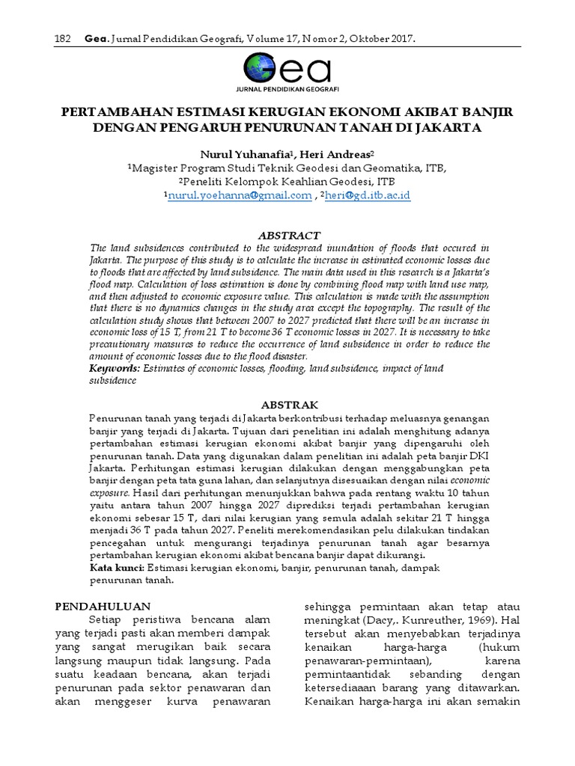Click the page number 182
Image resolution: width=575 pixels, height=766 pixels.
64,38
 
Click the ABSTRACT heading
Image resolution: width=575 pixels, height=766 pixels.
288,235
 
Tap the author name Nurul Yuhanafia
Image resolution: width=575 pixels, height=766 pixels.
237,153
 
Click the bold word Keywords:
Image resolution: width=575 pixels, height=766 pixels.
114,369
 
